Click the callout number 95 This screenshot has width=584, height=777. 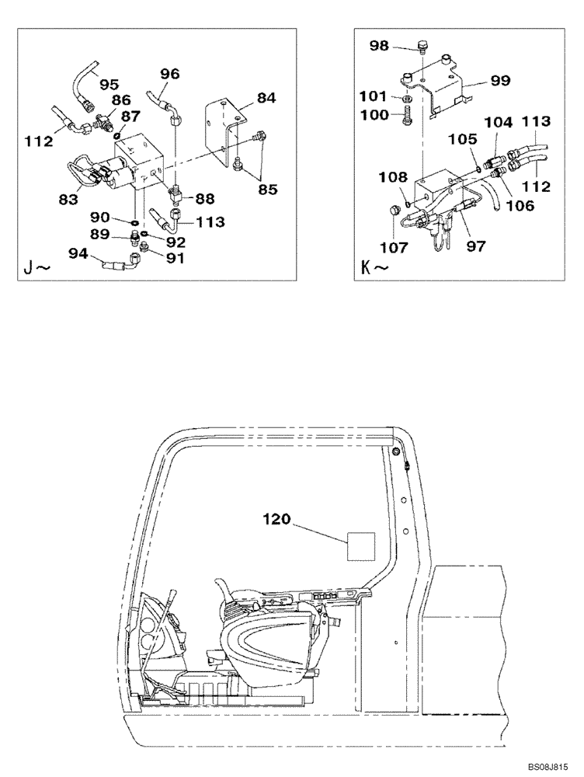[109, 83]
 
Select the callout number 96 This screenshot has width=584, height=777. [169, 74]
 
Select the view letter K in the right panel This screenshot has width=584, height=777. [368, 270]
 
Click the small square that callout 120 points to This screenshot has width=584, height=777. [360, 545]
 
